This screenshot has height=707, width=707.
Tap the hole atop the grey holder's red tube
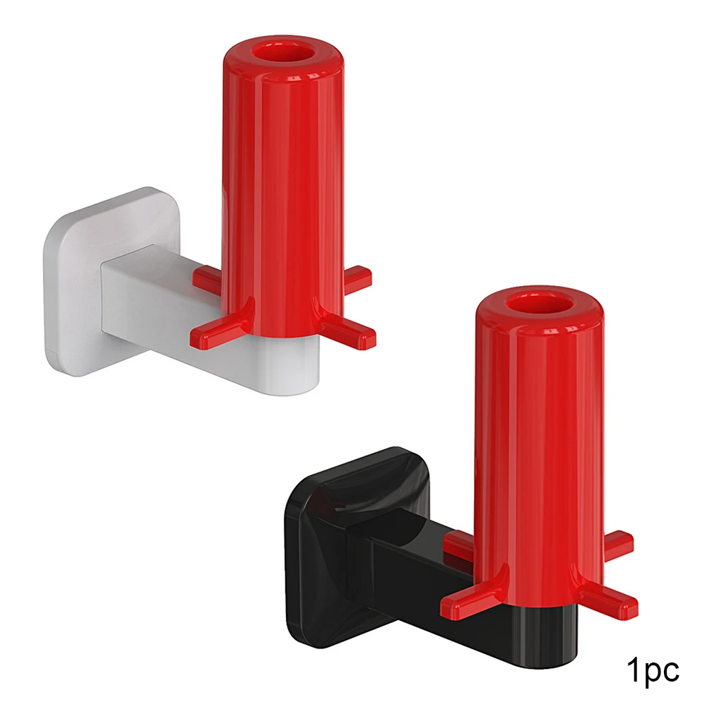(284, 53)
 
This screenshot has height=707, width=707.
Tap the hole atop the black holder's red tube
(539, 305)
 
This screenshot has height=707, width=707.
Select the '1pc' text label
(653, 670)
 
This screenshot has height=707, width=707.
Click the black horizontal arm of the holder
(433, 582)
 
